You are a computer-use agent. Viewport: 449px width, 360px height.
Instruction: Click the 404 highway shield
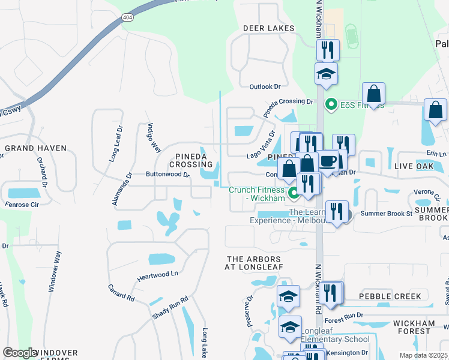(127, 17)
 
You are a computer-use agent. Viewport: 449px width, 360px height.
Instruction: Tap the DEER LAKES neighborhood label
(269, 28)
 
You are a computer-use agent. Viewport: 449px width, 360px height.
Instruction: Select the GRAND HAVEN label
(30, 148)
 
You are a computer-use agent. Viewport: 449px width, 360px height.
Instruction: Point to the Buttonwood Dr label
(151, 175)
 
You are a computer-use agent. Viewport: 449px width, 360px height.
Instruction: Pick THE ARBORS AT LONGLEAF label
(254, 262)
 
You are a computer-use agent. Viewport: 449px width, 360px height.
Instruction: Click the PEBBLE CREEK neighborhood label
(391, 296)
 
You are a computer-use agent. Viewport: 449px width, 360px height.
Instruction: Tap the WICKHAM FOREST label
(414, 327)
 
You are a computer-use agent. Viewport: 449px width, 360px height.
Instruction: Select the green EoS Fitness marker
(330, 105)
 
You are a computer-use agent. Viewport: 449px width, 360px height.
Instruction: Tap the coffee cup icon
(328, 160)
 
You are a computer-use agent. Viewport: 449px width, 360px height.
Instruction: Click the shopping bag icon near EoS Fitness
(373, 95)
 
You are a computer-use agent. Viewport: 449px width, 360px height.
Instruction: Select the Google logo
(20, 353)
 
